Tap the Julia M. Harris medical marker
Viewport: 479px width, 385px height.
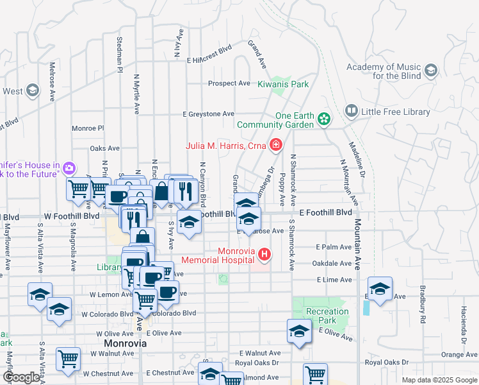coord(276,146)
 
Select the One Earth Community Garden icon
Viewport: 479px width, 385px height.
coord(325,119)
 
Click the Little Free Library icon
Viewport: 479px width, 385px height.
coord(351,111)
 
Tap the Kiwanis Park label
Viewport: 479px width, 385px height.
coord(283,84)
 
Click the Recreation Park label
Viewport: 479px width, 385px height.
coord(327,316)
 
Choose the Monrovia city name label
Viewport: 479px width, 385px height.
coord(126,343)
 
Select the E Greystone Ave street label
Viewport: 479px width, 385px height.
coord(208,114)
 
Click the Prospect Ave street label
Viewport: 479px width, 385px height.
coord(229,83)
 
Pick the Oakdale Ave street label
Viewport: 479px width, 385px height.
coord(332,263)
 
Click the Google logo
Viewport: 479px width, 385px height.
coord(20,377)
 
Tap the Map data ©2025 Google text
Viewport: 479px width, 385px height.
coord(439,380)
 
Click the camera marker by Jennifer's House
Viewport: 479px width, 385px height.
coord(69,169)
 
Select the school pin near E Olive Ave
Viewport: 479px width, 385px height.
coord(299,332)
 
